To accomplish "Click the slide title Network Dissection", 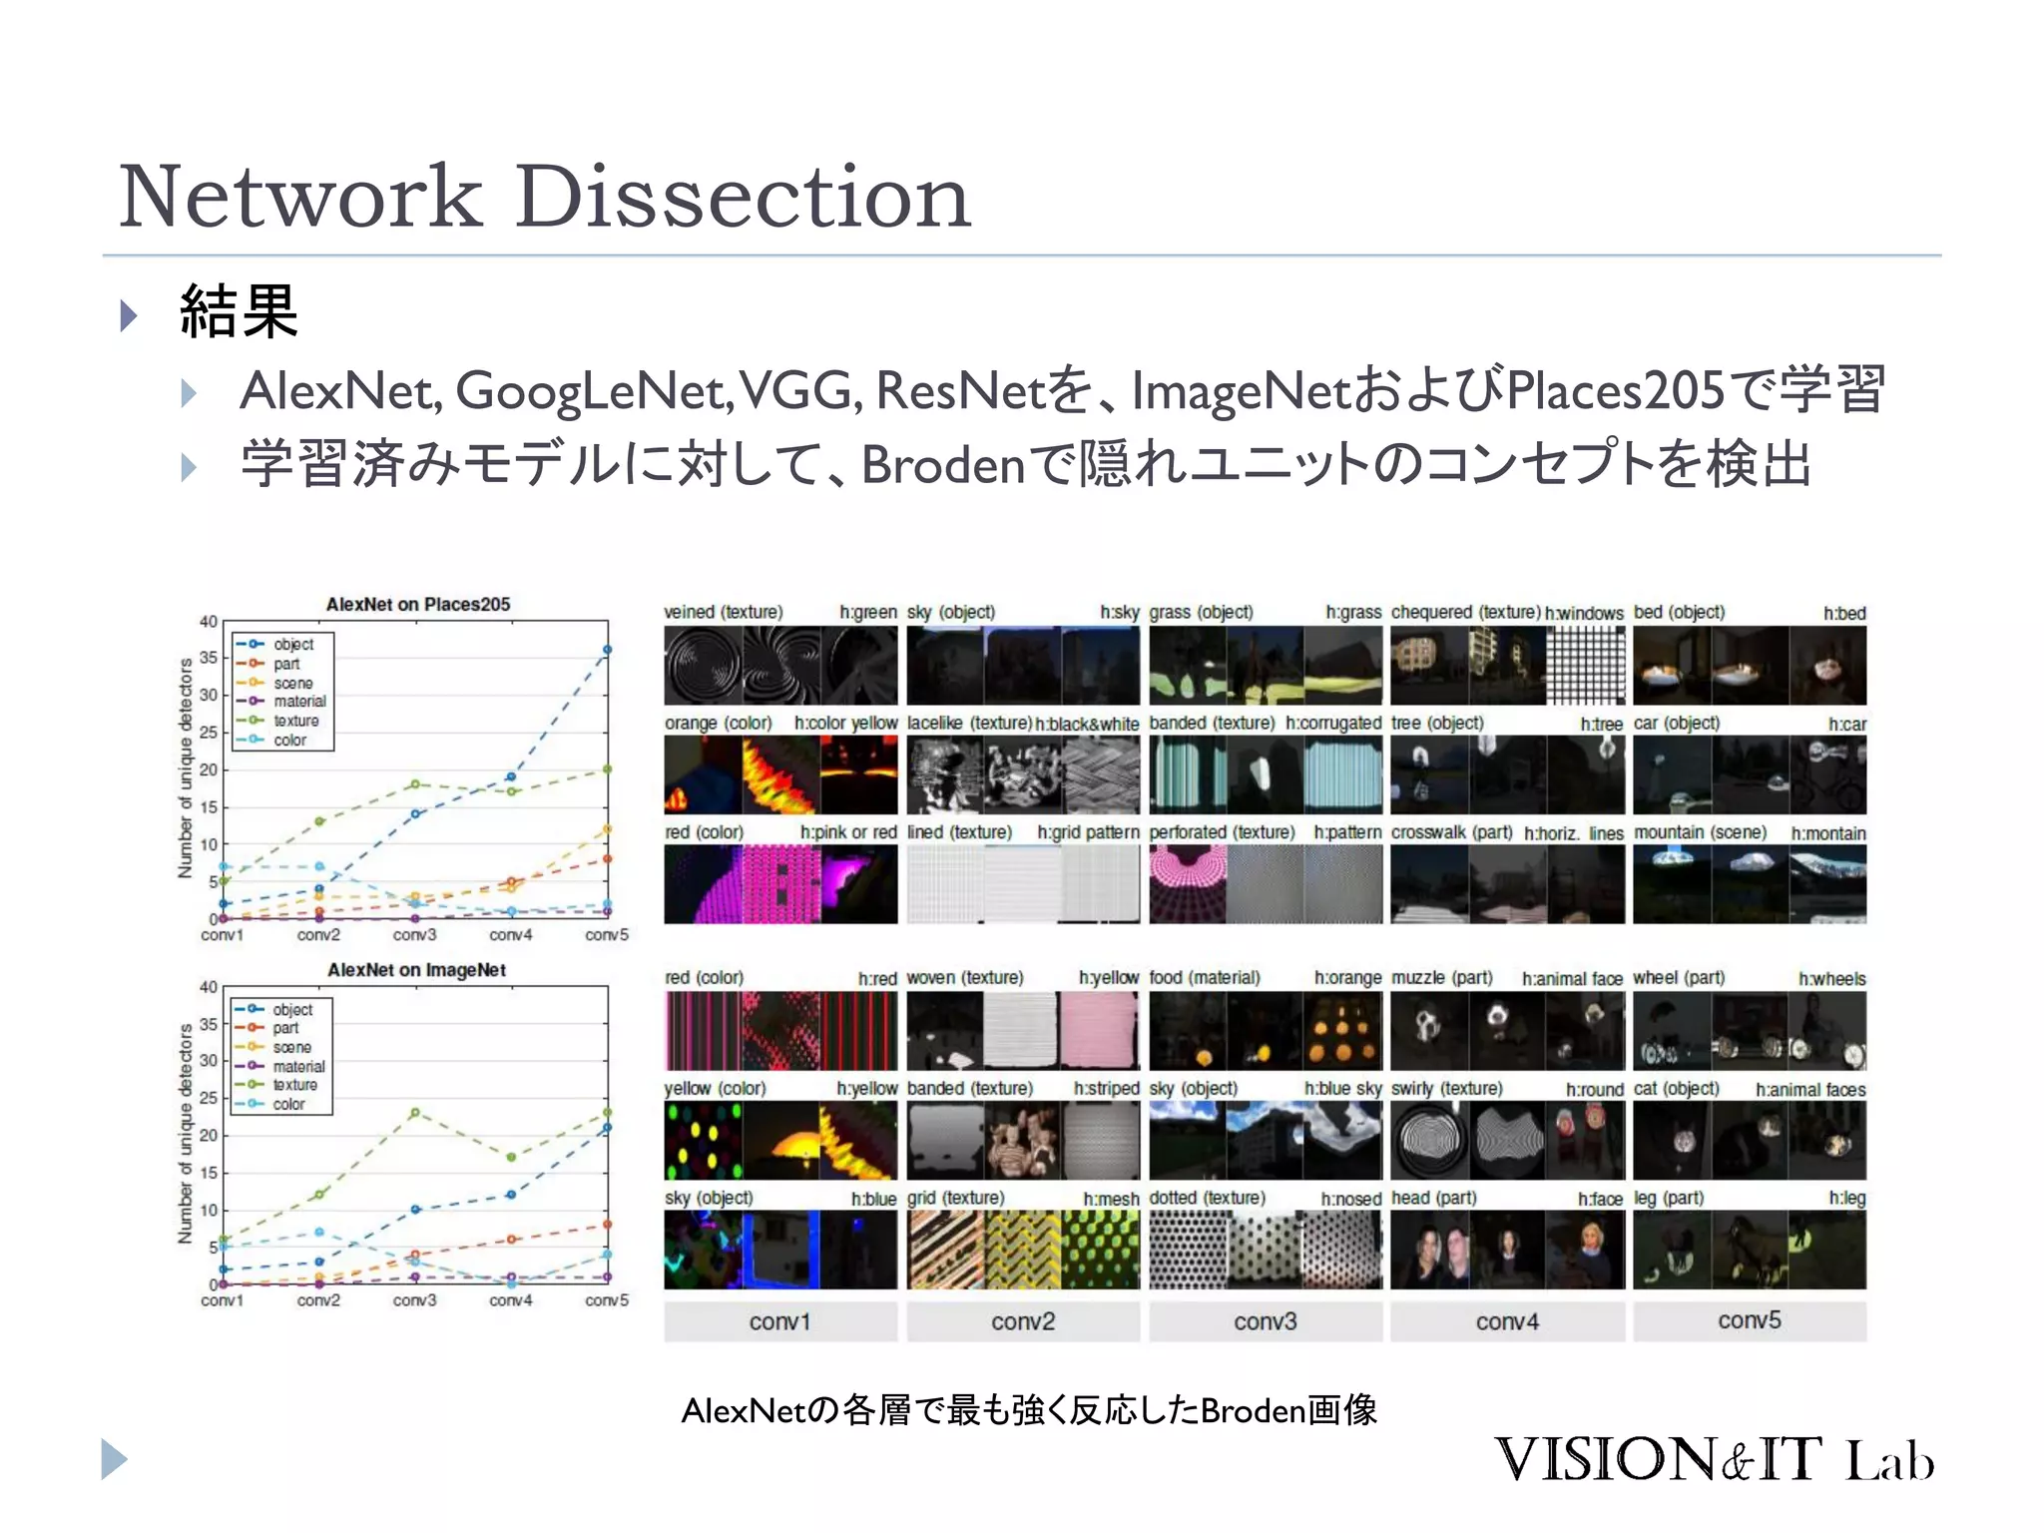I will point(544,197).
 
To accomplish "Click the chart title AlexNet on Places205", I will point(418,604).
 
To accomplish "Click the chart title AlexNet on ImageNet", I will point(417,969).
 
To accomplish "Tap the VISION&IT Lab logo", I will point(1713,1459).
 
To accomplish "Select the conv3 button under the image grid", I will point(1265,1321).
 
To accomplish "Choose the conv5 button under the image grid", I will point(1749,1320).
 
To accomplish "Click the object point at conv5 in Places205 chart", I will point(607,650).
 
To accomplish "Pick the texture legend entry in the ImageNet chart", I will point(295,1085).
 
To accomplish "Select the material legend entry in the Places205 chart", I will point(299,702).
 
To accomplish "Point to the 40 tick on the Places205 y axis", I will point(208,621).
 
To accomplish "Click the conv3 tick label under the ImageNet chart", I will point(414,1300).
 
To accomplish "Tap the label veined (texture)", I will point(724,612).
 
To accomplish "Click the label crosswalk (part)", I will point(1451,832).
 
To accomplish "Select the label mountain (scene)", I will point(1700,832).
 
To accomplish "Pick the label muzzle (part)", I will point(1441,978).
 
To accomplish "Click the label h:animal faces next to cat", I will point(1809,1089).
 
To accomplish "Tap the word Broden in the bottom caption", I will point(1253,1410).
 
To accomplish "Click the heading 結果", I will point(239,311).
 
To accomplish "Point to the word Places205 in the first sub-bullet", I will point(1616,390).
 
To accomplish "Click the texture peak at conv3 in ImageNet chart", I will point(415,1112).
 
